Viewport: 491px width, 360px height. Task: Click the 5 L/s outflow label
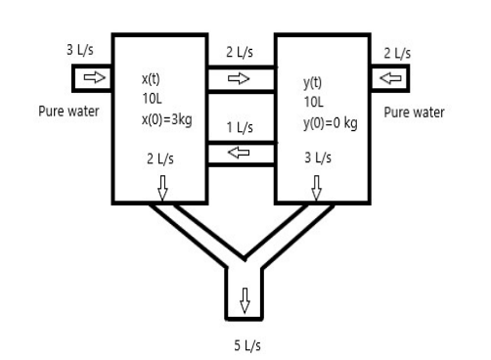tap(245, 345)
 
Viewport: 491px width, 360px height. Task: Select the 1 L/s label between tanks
tap(240, 127)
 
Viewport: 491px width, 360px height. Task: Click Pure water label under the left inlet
tap(68, 112)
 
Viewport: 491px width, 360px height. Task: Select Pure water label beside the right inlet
tap(414, 112)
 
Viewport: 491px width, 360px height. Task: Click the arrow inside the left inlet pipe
tap(92, 77)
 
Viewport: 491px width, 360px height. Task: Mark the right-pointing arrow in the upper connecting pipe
tap(240, 77)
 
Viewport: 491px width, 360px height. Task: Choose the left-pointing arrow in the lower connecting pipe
tap(240, 153)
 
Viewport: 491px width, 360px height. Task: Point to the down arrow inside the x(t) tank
tap(163, 185)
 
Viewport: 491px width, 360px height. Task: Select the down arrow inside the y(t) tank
tap(314, 185)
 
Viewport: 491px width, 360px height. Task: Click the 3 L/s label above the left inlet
tap(82, 49)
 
